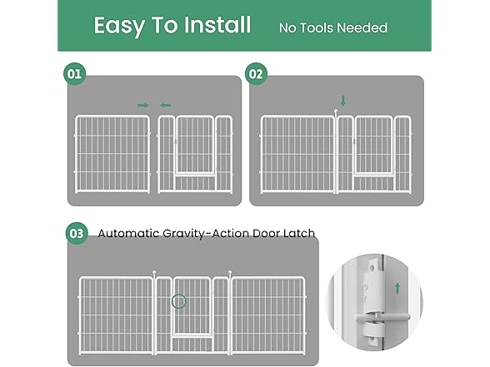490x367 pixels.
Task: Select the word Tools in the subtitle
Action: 326,28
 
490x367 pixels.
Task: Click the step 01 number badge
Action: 75,74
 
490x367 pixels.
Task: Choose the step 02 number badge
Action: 256,74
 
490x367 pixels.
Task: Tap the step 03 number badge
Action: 76,234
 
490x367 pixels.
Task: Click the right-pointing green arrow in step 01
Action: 142,105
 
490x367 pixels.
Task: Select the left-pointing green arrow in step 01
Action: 165,105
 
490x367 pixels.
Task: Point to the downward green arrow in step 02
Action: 342,101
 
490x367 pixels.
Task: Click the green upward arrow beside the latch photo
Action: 396,288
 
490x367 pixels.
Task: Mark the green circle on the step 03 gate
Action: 178,301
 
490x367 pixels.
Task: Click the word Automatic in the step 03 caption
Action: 129,234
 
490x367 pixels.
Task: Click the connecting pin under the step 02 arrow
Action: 336,112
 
